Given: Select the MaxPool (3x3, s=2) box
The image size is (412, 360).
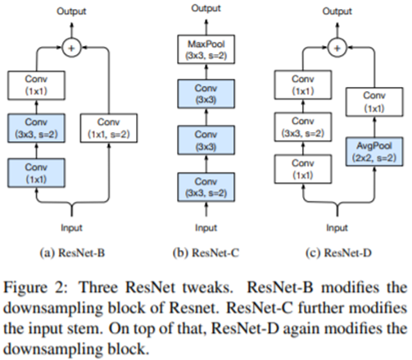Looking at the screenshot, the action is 206,49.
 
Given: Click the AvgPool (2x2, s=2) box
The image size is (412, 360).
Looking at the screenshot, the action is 374,152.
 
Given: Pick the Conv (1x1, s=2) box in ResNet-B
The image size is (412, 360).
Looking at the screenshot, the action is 109,128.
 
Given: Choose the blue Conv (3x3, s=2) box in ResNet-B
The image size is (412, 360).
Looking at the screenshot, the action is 36,128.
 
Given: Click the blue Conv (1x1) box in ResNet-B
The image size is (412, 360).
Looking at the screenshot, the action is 36,173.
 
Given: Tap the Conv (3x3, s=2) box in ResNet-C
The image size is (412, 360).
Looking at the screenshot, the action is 206,187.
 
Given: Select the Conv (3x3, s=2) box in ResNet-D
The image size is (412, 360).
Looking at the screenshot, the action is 303,127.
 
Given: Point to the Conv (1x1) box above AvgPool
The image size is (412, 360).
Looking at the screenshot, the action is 374,102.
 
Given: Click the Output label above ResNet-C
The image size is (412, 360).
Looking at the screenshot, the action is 206,8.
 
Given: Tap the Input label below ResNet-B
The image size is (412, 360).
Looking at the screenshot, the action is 71,228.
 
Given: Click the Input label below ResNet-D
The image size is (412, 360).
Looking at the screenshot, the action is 337,228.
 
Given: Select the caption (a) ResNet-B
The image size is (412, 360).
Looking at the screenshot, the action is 72,253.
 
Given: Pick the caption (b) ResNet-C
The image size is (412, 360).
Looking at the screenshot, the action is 206,253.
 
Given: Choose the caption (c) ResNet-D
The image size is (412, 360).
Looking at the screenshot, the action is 338,253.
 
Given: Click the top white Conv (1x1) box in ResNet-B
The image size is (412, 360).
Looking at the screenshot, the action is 36,85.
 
